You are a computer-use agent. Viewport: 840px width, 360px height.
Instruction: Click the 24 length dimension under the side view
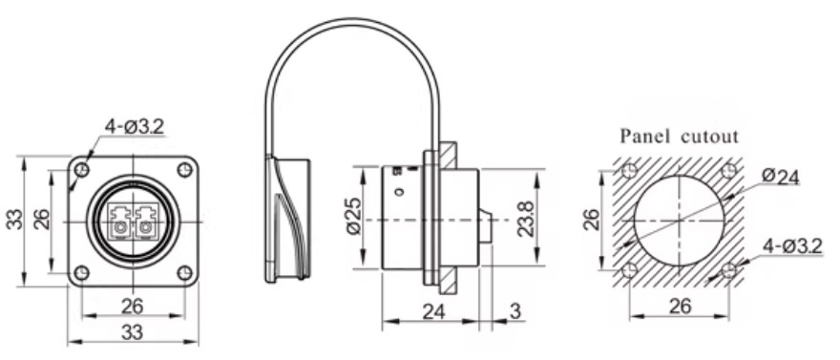coord(434,309)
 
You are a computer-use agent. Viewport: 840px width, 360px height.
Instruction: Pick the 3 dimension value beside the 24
coord(515,309)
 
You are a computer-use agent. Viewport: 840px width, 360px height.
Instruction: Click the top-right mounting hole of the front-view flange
coord(184,170)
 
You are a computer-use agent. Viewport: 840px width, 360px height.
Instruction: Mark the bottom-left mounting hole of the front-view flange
coord(82,273)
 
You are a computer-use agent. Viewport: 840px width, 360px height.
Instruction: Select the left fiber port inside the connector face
coord(120,221)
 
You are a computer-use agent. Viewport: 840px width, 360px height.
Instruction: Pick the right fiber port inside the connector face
coord(146,221)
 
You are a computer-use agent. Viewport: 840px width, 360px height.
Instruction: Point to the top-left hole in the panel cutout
coord(628,172)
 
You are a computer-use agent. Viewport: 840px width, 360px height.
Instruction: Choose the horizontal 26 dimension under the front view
coord(133,307)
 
